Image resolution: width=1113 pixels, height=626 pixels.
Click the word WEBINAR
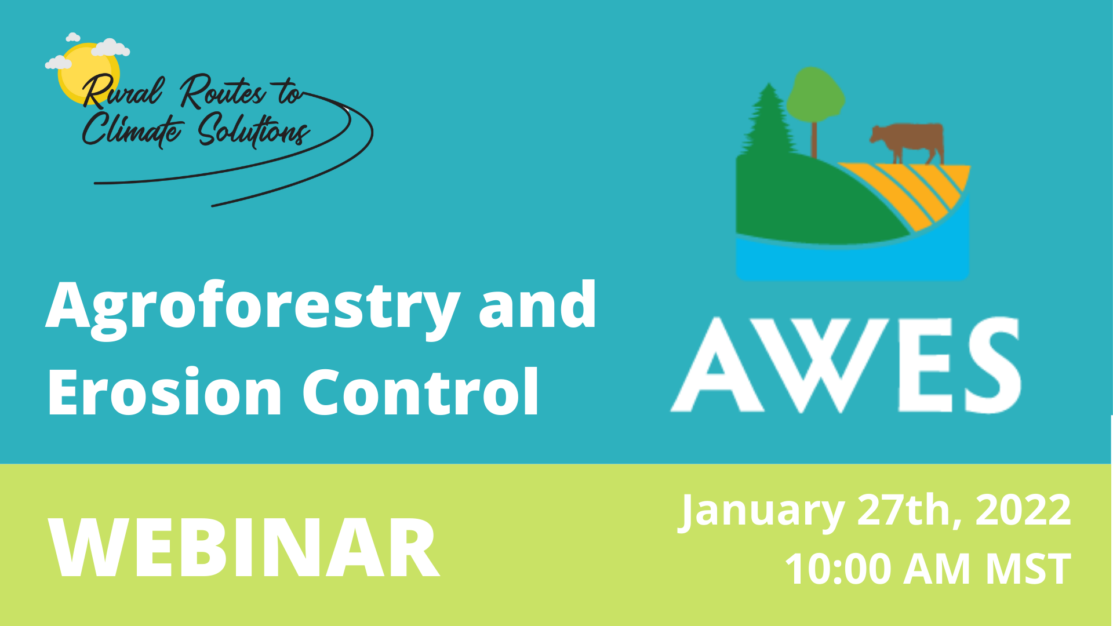coord(243,548)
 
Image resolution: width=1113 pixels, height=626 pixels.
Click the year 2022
coord(1023,509)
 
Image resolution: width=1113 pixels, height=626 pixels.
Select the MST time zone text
coord(1028,569)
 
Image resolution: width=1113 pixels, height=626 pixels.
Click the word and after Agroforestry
coord(537,305)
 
